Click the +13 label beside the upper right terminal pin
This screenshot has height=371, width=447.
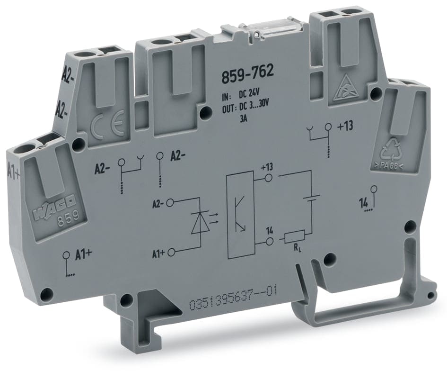coord(346,127)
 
